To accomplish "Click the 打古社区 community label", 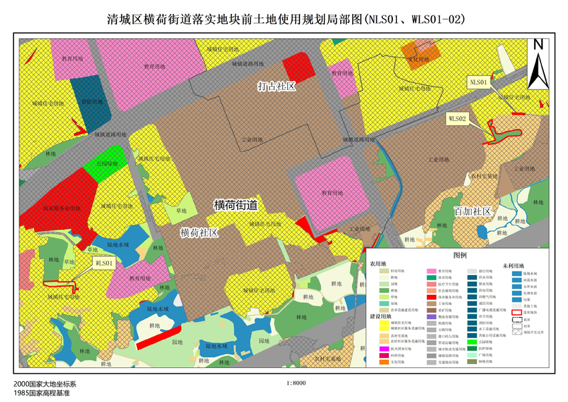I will coord(277,86).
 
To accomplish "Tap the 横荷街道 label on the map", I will coord(236,205).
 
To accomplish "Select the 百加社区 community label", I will coord(473,211).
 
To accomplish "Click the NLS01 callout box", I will coord(479,82).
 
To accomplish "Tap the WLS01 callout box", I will coord(105,264).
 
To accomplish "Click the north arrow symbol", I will coord(537,65).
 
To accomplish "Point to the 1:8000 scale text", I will coord(295,383).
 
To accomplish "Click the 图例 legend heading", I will coord(460,255).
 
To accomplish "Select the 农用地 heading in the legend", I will coord(379,265).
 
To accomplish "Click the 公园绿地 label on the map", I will coord(107,163).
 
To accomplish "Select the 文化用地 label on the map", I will coord(420,60).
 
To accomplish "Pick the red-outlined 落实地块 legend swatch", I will coord(517,312).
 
